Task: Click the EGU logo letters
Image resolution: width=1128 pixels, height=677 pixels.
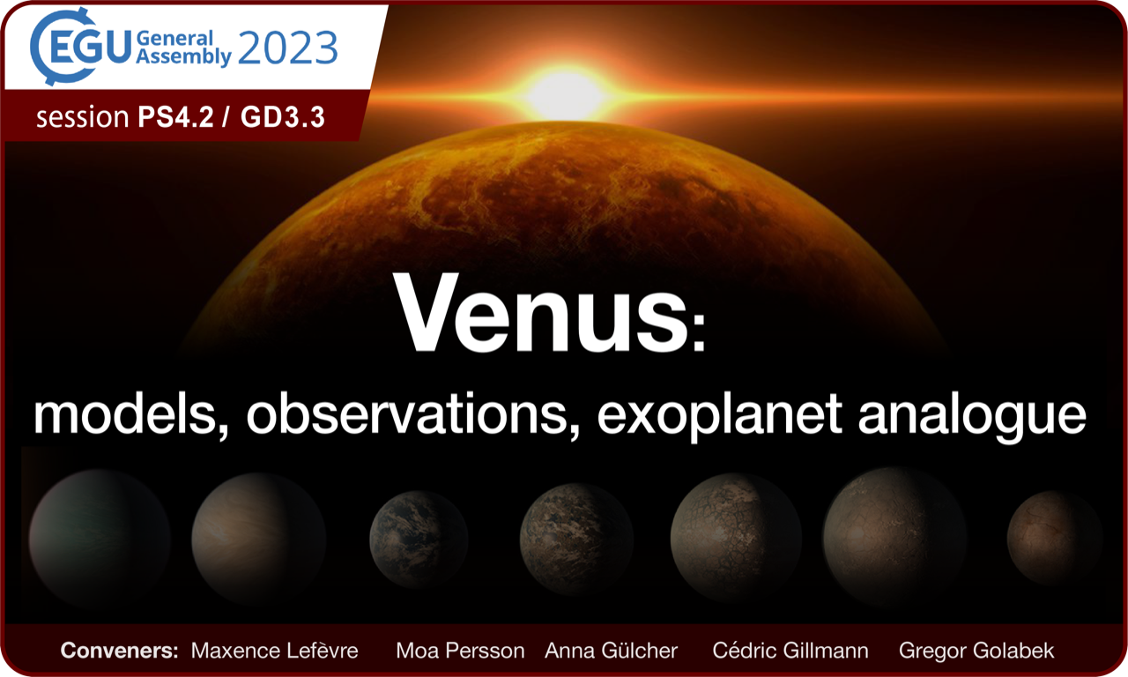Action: [x=90, y=48]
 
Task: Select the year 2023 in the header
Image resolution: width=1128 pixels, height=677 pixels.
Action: [x=287, y=48]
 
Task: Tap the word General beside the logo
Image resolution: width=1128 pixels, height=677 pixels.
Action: [x=174, y=38]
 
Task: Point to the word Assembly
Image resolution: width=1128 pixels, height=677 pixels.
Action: [x=184, y=57]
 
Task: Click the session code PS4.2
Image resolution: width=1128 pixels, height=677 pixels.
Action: [x=175, y=117]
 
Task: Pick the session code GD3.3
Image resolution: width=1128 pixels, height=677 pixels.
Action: [x=283, y=117]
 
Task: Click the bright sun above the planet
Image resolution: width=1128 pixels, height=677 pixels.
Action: [x=565, y=94]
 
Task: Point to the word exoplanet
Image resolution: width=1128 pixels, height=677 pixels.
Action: [x=720, y=415]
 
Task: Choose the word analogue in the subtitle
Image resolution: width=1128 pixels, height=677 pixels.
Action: [x=972, y=416]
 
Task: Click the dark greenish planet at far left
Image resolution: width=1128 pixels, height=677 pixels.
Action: [x=100, y=540]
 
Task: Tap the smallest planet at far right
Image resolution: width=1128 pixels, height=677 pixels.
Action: [x=1055, y=538]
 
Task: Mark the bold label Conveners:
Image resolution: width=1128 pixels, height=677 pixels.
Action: [x=119, y=651]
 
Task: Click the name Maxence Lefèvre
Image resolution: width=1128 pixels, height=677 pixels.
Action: [x=274, y=651]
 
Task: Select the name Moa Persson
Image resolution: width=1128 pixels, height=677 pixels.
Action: [x=460, y=651]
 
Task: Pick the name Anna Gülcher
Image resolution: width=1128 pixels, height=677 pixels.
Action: [x=612, y=651]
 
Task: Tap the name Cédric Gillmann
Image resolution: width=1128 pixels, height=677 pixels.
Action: [x=790, y=651]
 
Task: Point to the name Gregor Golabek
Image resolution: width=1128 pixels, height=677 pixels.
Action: [x=976, y=651]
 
